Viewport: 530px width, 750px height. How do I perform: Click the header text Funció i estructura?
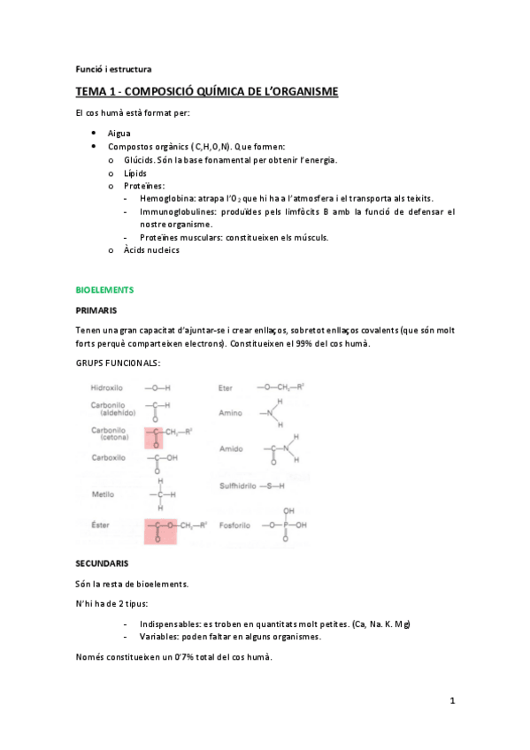[x=113, y=68]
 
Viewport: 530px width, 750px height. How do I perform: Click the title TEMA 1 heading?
[x=206, y=93]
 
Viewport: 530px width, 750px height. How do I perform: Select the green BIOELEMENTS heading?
[x=105, y=289]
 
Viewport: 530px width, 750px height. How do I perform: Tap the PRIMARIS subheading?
[x=96, y=310]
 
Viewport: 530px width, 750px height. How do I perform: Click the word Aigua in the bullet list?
[x=119, y=133]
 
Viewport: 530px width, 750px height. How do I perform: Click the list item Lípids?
[x=135, y=173]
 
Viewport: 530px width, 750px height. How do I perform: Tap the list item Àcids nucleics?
[x=151, y=250]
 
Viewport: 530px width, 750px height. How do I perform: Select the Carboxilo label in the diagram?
[x=109, y=457]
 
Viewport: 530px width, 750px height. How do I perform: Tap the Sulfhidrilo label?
[x=242, y=486]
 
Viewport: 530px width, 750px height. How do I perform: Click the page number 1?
[x=452, y=701]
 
